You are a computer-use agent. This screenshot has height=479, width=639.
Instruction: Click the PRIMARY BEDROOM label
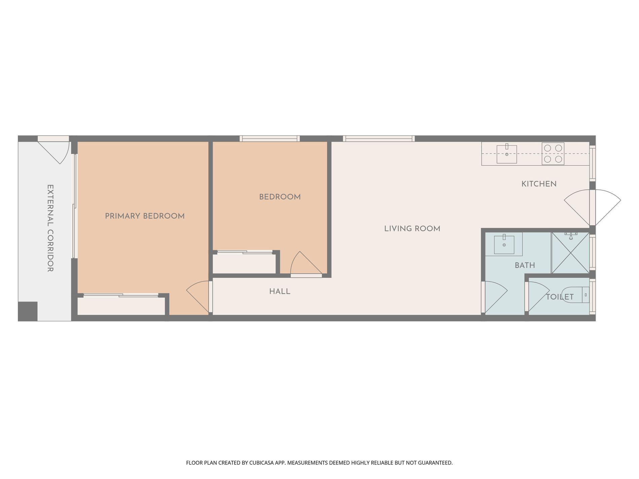(145, 216)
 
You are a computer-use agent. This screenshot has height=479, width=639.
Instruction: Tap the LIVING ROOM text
(412, 229)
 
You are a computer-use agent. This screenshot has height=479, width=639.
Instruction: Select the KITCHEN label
(539, 184)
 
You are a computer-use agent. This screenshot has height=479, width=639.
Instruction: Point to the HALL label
(279, 291)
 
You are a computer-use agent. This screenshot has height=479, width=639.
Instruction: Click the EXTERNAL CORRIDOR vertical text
(50, 228)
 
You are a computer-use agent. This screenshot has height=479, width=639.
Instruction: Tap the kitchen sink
(506, 154)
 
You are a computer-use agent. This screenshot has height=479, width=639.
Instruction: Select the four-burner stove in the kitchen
(553, 154)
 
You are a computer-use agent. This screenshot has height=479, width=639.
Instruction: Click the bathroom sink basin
(504, 245)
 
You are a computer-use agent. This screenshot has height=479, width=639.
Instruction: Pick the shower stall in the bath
(570, 252)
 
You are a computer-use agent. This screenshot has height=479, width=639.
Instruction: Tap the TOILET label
(560, 297)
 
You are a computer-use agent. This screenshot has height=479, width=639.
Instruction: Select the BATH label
(525, 266)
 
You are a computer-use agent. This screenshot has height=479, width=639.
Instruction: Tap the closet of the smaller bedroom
(244, 264)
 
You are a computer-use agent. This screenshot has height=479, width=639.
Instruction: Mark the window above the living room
(379, 138)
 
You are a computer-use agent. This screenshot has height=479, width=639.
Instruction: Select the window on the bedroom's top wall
(269, 138)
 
